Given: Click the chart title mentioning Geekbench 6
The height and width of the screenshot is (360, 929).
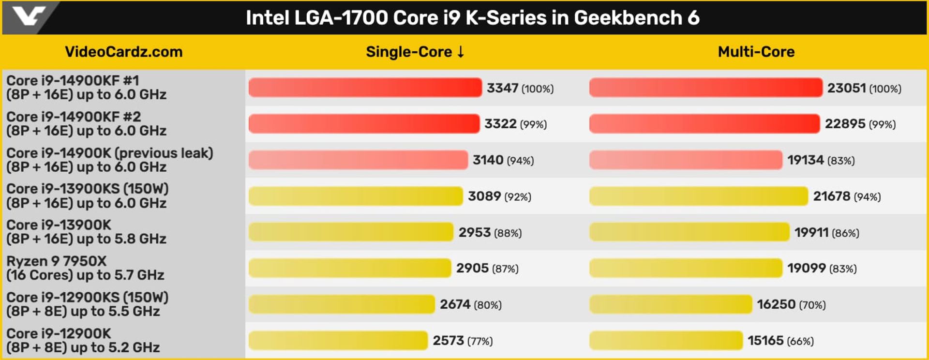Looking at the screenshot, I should click(472, 18).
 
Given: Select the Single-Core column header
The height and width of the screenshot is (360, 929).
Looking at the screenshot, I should click(415, 52).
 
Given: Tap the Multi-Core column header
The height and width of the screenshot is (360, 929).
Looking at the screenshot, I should click(756, 52).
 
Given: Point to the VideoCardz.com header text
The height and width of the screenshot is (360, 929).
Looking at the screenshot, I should click(124, 52).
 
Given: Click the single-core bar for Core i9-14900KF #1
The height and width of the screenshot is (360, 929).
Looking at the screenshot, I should click(365, 88).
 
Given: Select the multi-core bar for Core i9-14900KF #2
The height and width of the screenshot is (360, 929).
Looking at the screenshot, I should click(704, 124).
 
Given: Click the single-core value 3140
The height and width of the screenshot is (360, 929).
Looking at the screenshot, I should click(488, 160).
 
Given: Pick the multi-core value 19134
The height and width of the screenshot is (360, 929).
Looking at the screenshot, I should click(805, 160).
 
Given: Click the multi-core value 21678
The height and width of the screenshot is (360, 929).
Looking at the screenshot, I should click(831, 196).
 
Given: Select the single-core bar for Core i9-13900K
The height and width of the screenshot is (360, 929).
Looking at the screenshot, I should click(351, 232).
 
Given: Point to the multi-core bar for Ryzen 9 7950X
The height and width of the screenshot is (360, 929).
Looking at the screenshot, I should click(685, 268).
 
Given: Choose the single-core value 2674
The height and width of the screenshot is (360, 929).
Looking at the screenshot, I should click(455, 304).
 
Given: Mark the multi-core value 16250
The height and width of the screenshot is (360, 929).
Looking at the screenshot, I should click(776, 304).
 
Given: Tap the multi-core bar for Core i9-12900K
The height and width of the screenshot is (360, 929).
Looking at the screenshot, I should click(666, 340).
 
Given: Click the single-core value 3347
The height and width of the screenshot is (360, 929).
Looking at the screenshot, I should click(502, 88).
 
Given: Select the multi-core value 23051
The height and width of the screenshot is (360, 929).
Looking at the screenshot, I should click(846, 88).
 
